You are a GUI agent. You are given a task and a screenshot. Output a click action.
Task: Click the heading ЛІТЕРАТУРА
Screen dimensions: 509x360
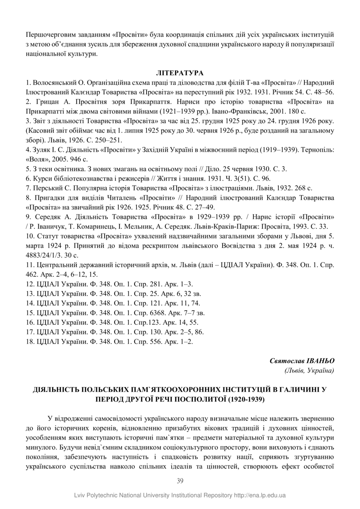[x=180, y=73]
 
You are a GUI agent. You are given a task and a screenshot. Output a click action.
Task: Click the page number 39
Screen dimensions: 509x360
[x=180, y=481]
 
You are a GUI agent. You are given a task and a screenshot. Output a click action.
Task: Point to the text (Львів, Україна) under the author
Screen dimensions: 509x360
[x=309, y=371]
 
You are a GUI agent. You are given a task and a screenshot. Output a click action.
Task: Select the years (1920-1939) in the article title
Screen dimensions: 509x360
[x=246, y=399]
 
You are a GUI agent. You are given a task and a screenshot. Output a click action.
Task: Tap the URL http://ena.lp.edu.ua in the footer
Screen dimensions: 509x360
[x=260, y=495]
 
